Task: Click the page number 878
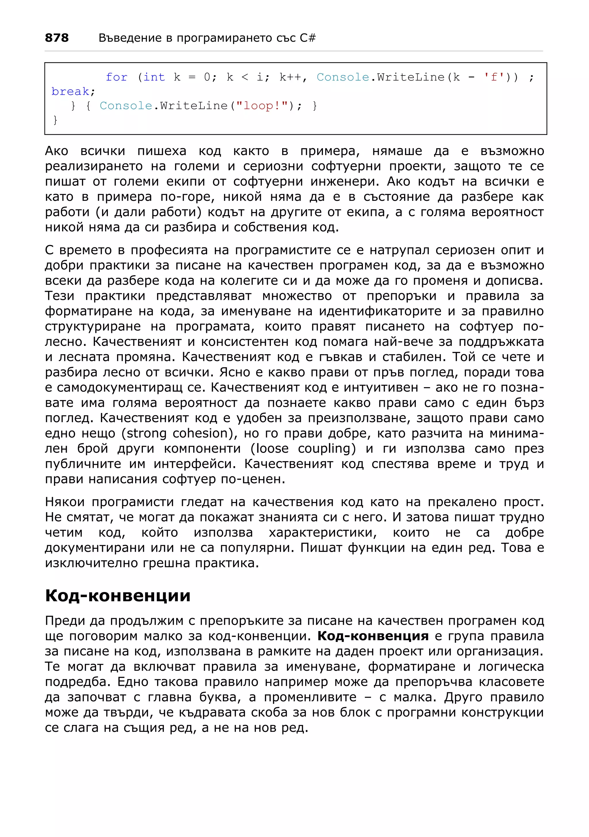(x=57, y=38)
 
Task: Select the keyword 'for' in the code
(x=116, y=77)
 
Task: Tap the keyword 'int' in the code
(x=154, y=77)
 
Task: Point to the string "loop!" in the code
(x=262, y=106)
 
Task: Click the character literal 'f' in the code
(x=494, y=77)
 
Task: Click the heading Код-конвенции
(x=118, y=596)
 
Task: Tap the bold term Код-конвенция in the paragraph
(x=373, y=636)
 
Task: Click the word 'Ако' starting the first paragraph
(x=57, y=151)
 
